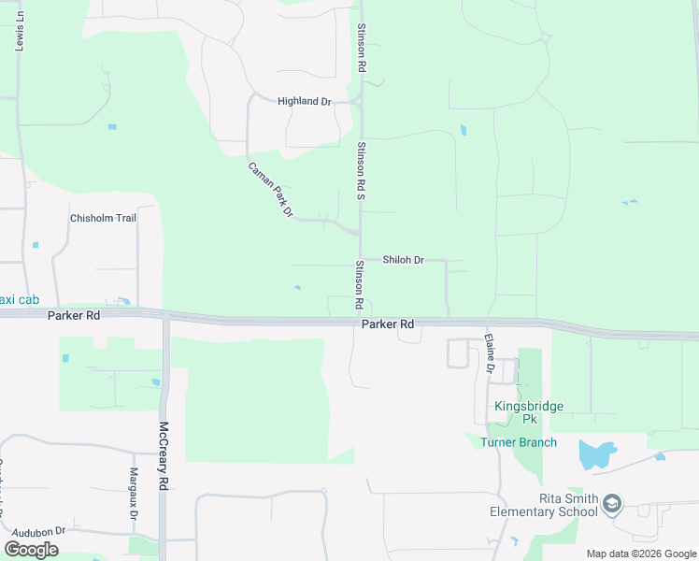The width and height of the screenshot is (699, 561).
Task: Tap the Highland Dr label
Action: coord(305,101)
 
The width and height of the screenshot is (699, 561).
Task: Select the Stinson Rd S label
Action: coord(360,171)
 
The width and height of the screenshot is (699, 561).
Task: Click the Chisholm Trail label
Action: coord(104,218)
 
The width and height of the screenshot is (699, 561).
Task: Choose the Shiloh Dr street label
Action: coord(404,260)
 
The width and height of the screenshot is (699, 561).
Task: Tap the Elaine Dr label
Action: coord(489,353)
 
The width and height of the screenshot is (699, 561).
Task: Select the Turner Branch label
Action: coord(519,442)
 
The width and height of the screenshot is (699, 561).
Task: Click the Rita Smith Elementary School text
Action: coord(544,505)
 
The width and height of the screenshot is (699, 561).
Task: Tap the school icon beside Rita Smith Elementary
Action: coord(612,505)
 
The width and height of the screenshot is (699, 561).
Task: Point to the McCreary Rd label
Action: coord(164,455)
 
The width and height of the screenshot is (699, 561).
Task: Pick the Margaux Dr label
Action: coord(134,494)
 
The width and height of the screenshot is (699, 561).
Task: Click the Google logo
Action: coord(32,549)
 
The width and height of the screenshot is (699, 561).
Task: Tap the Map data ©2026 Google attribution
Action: coord(640,554)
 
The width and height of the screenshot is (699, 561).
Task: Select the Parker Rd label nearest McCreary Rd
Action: coord(74,316)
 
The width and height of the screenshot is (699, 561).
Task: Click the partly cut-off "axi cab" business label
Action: coord(19,299)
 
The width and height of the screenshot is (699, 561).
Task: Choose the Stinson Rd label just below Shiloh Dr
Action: coord(358,285)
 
